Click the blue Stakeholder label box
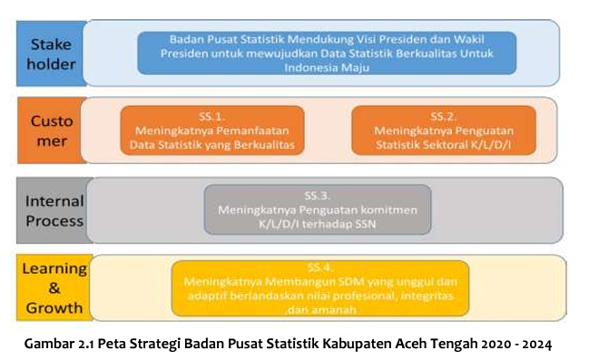[x=53, y=53]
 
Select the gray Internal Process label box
[x=53, y=210]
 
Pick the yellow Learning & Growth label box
[x=53, y=287]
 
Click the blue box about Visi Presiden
[x=327, y=53]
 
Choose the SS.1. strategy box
[x=211, y=130]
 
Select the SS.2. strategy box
[x=442, y=130]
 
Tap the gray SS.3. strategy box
[x=317, y=209]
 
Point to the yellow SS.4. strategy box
[x=319, y=287]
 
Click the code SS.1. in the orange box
[x=211, y=116]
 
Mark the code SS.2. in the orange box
[x=442, y=116]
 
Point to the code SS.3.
[x=317, y=195]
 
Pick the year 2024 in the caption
[x=532, y=345]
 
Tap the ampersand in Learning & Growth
[x=53, y=287]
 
